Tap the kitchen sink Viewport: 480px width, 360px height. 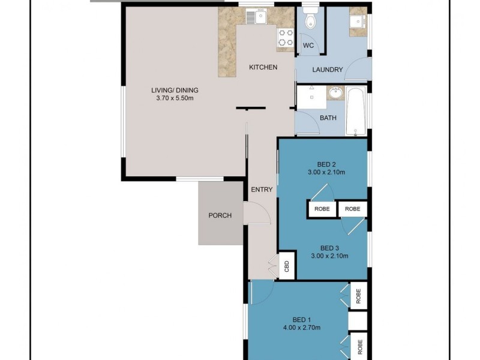pos(260,18)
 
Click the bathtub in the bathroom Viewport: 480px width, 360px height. pos(356,112)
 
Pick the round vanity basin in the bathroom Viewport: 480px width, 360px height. pos(335,94)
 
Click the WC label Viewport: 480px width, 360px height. pos(308,46)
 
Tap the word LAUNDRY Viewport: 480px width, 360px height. pos(328,70)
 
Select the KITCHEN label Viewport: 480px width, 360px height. pos(263,67)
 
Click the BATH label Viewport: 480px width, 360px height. pos(328,118)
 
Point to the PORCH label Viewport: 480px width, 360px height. pos(220,216)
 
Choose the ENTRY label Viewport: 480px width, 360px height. pos(262,190)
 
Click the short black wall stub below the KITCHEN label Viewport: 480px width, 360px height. pos(251,109)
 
